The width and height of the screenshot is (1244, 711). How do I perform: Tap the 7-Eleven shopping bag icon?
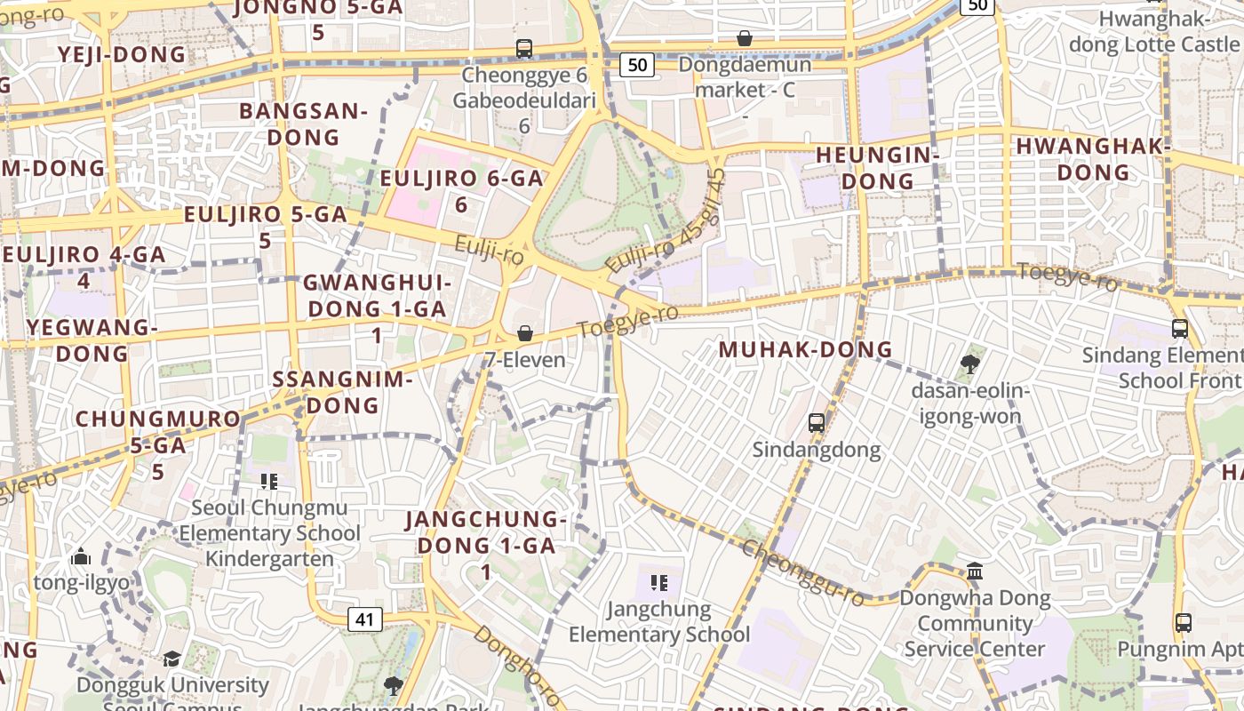(x=525, y=334)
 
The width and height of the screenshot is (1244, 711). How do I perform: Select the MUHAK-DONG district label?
(x=805, y=349)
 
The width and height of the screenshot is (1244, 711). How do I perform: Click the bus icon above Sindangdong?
(x=816, y=423)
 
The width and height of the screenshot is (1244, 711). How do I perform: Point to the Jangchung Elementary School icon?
(x=658, y=583)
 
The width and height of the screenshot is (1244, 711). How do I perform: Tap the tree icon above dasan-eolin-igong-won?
(x=969, y=363)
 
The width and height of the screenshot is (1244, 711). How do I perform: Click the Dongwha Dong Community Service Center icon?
(x=975, y=571)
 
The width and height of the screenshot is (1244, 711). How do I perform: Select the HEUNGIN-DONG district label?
(x=877, y=168)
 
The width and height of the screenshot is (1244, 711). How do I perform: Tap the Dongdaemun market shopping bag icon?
(x=745, y=39)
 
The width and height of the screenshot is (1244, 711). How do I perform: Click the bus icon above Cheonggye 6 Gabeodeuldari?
(x=524, y=49)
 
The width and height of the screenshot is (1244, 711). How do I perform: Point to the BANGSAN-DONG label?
(x=303, y=124)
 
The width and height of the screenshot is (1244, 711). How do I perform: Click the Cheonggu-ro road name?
(x=802, y=573)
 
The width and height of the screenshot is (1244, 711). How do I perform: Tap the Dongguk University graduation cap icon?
(x=171, y=659)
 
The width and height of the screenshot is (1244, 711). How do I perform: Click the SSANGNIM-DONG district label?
(x=342, y=392)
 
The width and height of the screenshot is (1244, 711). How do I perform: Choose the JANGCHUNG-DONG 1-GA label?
(x=485, y=532)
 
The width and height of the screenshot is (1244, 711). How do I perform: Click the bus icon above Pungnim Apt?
(x=1183, y=623)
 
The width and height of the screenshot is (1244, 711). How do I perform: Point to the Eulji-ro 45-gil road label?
(x=666, y=221)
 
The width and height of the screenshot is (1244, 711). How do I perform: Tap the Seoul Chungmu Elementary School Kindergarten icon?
(x=269, y=482)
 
